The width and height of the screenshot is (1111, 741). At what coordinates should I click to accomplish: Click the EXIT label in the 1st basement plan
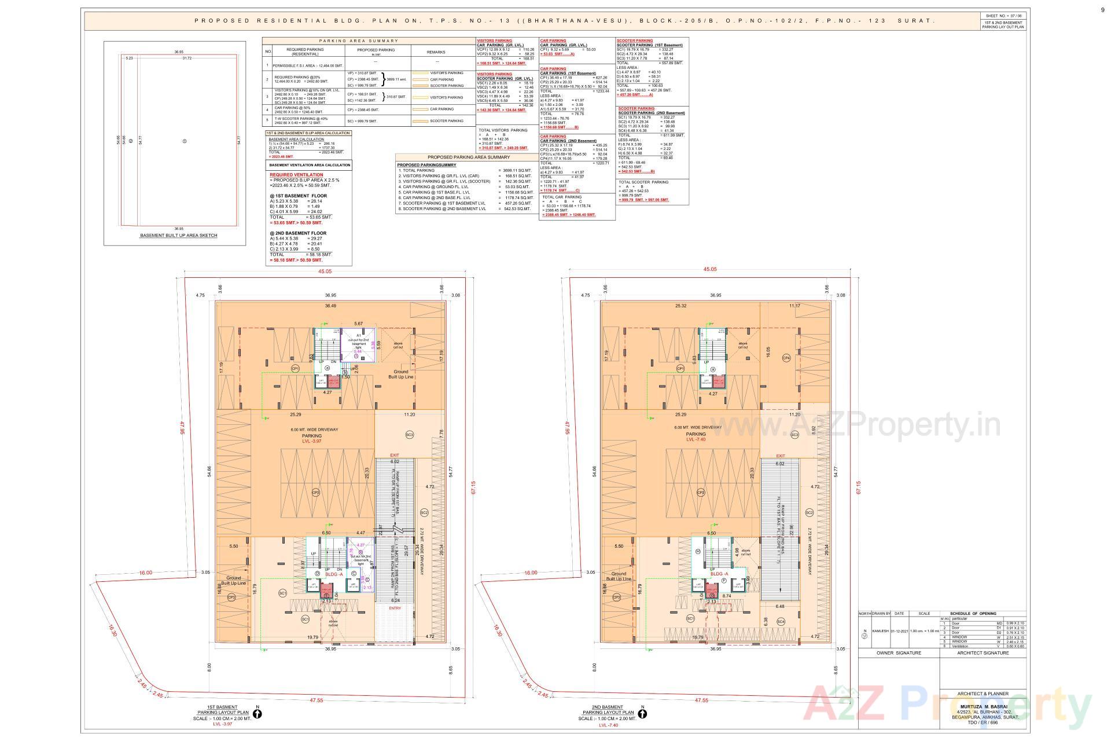pos(395,455)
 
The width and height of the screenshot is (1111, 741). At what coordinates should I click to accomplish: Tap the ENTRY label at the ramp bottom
pos(395,608)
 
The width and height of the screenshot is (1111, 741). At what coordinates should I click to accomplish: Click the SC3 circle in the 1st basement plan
pos(410,435)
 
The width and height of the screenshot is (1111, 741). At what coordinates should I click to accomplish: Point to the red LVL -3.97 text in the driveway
pos(311,441)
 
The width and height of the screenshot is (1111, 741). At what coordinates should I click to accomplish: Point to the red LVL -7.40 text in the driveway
pos(696,440)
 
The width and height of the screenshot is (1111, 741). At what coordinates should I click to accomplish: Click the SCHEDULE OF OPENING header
pos(973,614)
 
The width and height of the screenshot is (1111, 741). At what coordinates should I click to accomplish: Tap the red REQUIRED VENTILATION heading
pos(296,174)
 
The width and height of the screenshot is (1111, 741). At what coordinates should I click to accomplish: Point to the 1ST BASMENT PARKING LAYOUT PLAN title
pos(223,710)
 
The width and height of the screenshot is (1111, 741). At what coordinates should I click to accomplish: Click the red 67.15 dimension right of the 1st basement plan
pos(473,487)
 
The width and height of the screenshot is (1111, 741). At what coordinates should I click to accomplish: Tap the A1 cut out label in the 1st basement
pos(359,335)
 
